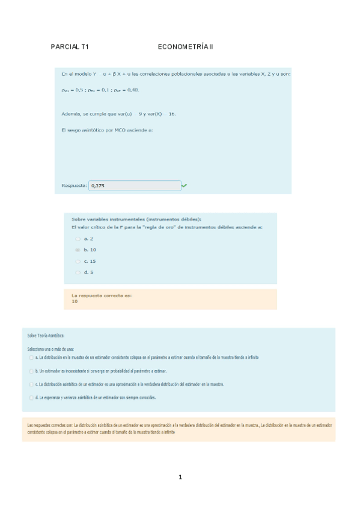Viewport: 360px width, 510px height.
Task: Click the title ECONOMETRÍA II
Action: (185, 46)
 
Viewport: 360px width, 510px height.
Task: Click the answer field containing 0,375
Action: (134, 186)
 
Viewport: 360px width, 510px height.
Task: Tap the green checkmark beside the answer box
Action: (184, 186)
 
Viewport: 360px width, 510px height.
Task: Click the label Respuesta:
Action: (74, 186)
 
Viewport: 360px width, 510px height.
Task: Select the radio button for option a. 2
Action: (78, 239)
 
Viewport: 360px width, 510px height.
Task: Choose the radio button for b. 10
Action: (78, 250)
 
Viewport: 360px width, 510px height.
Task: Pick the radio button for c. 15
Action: (78, 261)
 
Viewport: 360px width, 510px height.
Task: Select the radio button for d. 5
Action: (78, 272)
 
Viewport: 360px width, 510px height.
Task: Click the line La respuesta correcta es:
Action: (101, 296)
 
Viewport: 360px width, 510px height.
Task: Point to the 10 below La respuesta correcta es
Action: (75, 301)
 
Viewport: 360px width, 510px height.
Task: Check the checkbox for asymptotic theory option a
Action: (31, 357)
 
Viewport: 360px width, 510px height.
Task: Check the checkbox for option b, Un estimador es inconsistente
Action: (31, 371)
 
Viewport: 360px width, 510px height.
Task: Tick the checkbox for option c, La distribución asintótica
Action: (31, 384)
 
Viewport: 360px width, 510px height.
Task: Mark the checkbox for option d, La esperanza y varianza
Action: (31, 398)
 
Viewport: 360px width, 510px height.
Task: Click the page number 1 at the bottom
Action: (180, 477)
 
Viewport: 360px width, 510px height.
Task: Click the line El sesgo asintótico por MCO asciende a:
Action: (107, 129)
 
